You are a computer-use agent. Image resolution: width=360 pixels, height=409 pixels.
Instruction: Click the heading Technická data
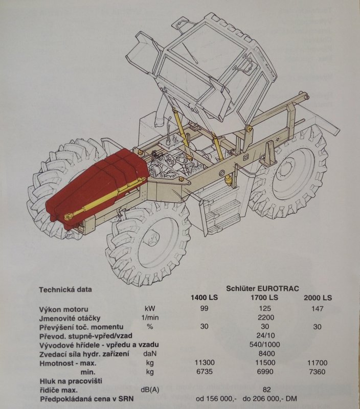(65, 289)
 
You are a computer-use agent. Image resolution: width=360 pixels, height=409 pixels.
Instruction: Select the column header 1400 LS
(204, 298)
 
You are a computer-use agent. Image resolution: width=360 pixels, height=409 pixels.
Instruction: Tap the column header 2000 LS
(318, 298)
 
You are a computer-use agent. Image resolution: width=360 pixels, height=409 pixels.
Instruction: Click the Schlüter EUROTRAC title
(262, 288)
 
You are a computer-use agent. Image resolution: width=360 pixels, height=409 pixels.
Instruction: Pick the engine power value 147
(317, 309)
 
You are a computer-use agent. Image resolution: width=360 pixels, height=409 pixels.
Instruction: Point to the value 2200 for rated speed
(265, 317)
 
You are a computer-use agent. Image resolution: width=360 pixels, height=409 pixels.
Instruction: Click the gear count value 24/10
(265, 335)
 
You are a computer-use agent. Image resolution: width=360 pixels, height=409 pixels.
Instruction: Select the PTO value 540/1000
(264, 345)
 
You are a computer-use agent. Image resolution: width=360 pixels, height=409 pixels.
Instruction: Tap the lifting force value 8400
(266, 353)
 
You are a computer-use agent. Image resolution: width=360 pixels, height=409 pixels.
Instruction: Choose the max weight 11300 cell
(205, 362)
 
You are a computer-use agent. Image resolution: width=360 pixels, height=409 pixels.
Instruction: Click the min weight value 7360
(317, 372)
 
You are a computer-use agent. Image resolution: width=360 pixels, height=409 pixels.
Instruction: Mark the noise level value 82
(266, 390)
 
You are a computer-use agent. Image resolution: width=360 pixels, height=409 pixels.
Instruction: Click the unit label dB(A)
(150, 390)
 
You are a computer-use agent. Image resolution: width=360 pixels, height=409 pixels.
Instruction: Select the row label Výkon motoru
(63, 309)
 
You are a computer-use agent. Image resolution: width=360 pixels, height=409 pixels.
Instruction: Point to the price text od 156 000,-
(216, 399)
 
